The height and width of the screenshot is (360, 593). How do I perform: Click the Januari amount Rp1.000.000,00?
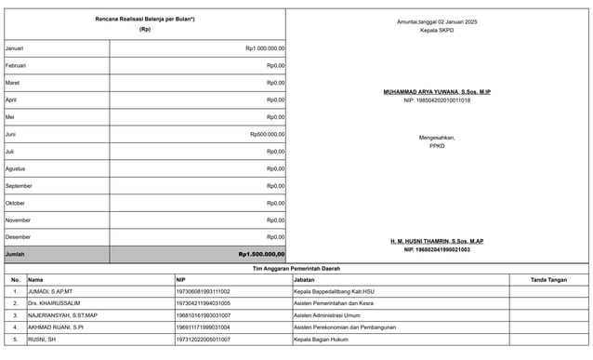click(265, 48)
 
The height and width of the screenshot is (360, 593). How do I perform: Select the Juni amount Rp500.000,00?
click(268, 134)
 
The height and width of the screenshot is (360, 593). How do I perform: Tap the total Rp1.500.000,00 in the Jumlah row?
click(261, 254)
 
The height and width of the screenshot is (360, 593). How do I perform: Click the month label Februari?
click(16, 66)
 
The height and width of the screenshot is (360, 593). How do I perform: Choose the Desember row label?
click(18, 237)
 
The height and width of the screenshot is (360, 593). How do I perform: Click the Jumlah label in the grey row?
click(15, 254)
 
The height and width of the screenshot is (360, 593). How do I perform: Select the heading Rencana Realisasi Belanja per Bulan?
click(145, 20)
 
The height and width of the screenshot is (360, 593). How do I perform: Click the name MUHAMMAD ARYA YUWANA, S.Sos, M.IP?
click(437, 92)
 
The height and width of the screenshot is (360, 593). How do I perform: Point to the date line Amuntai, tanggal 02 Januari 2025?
click(437, 21)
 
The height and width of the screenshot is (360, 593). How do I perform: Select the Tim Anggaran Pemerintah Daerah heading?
click(296, 269)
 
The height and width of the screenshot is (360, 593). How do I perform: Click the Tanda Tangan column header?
click(548, 279)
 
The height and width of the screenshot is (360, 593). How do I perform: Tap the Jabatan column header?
click(303, 279)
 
